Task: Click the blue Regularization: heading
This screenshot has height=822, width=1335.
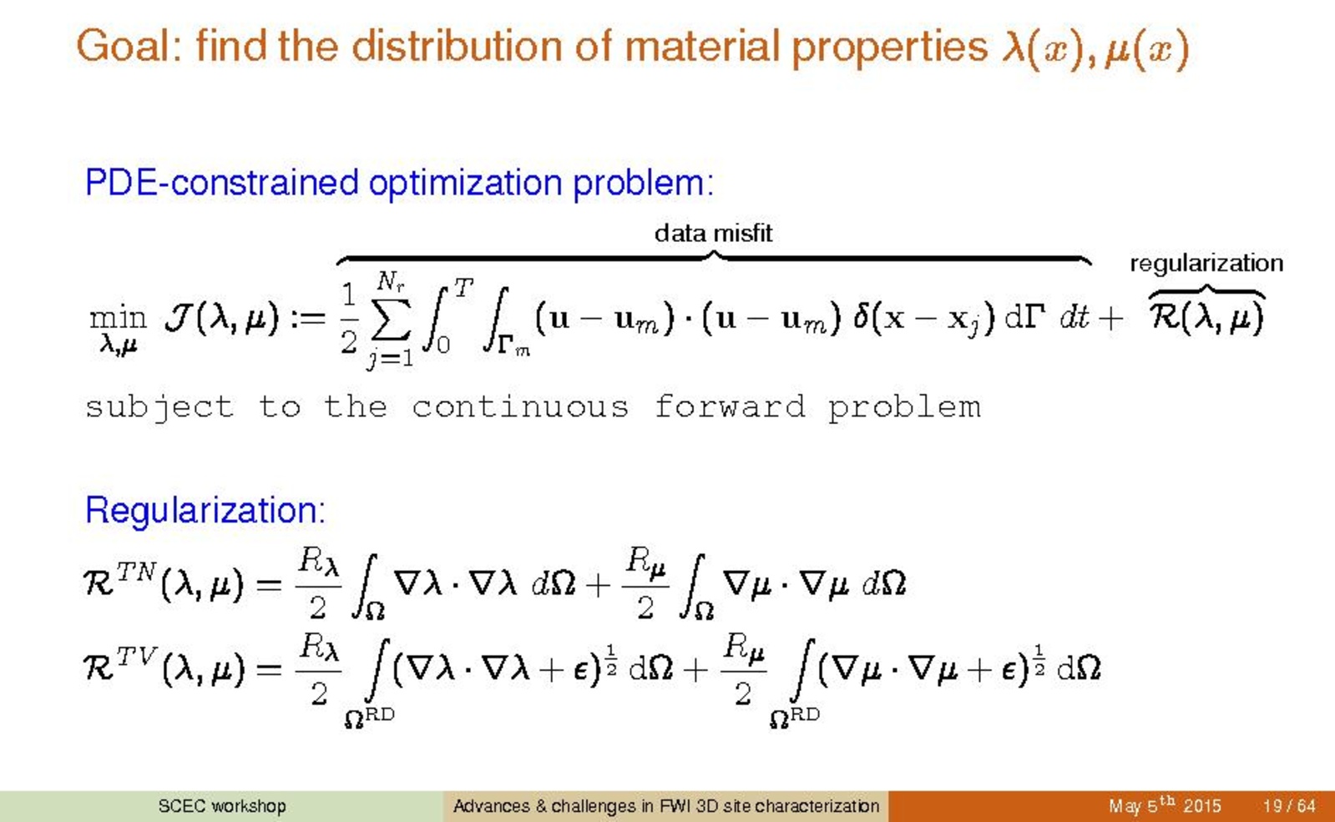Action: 205,511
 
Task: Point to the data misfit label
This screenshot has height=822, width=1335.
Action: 713,233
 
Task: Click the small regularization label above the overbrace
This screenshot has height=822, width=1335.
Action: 1206,263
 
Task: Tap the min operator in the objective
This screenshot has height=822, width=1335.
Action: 118,318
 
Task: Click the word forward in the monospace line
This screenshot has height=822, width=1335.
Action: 730,407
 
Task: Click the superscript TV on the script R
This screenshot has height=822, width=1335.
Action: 138,657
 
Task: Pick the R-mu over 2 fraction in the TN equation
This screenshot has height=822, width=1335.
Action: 645,583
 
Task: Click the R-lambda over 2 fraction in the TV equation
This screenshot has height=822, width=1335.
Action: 319,668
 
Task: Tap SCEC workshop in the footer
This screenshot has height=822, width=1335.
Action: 222,806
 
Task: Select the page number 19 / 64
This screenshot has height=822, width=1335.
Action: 1289,806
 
